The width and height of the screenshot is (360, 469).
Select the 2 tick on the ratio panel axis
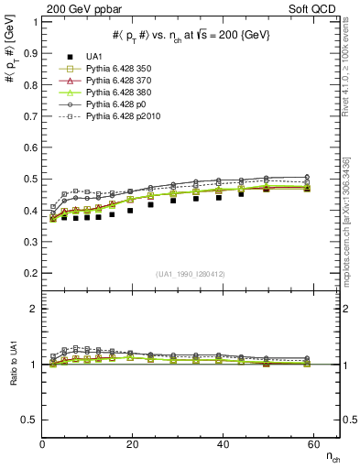point(34,310)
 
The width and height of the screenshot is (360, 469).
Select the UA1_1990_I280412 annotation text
point(191,274)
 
